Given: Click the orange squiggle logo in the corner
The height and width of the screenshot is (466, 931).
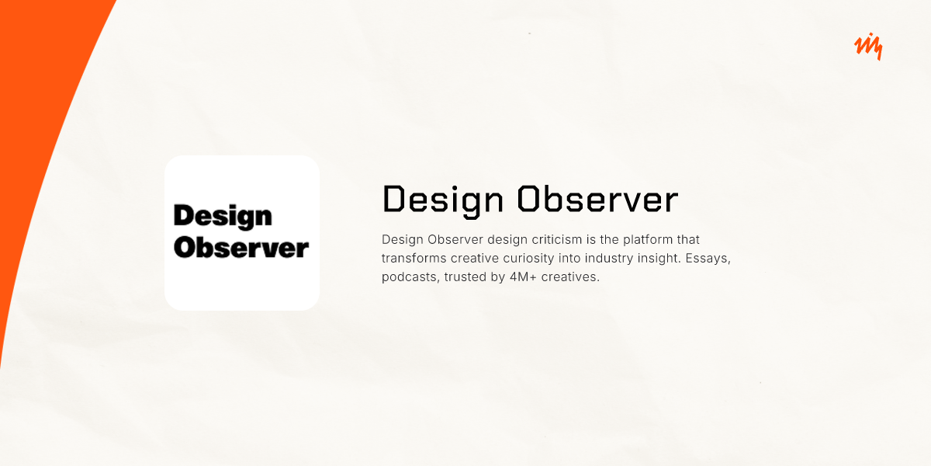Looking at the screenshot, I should [868, 47].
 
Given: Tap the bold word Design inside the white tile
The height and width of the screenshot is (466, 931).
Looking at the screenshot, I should [223, 216].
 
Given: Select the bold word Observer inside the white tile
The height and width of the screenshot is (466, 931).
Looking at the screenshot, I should [241, 248].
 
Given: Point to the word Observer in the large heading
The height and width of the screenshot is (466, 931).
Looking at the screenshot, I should [597, 200].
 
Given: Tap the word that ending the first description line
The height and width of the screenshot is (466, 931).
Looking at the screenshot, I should [687, 239].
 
